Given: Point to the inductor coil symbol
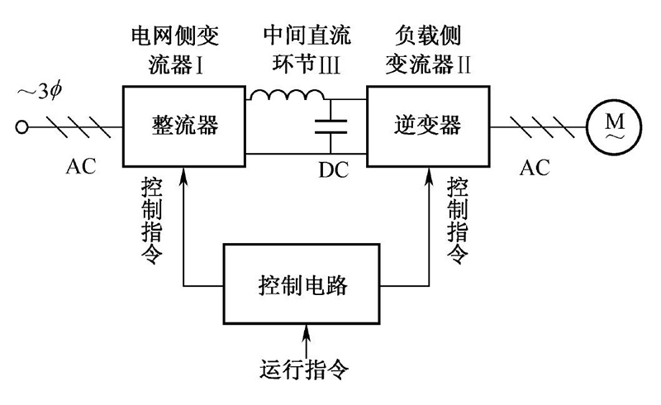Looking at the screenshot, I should [x=288, y=97].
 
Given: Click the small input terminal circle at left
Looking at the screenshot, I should [x=21, y=127].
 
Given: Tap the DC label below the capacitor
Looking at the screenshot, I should [x=334, y=171].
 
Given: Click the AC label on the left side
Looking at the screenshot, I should [x=81, y=167].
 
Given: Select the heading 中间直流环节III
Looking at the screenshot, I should [x=305, y=47].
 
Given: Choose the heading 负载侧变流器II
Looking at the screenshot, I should [x=427, y=47].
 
